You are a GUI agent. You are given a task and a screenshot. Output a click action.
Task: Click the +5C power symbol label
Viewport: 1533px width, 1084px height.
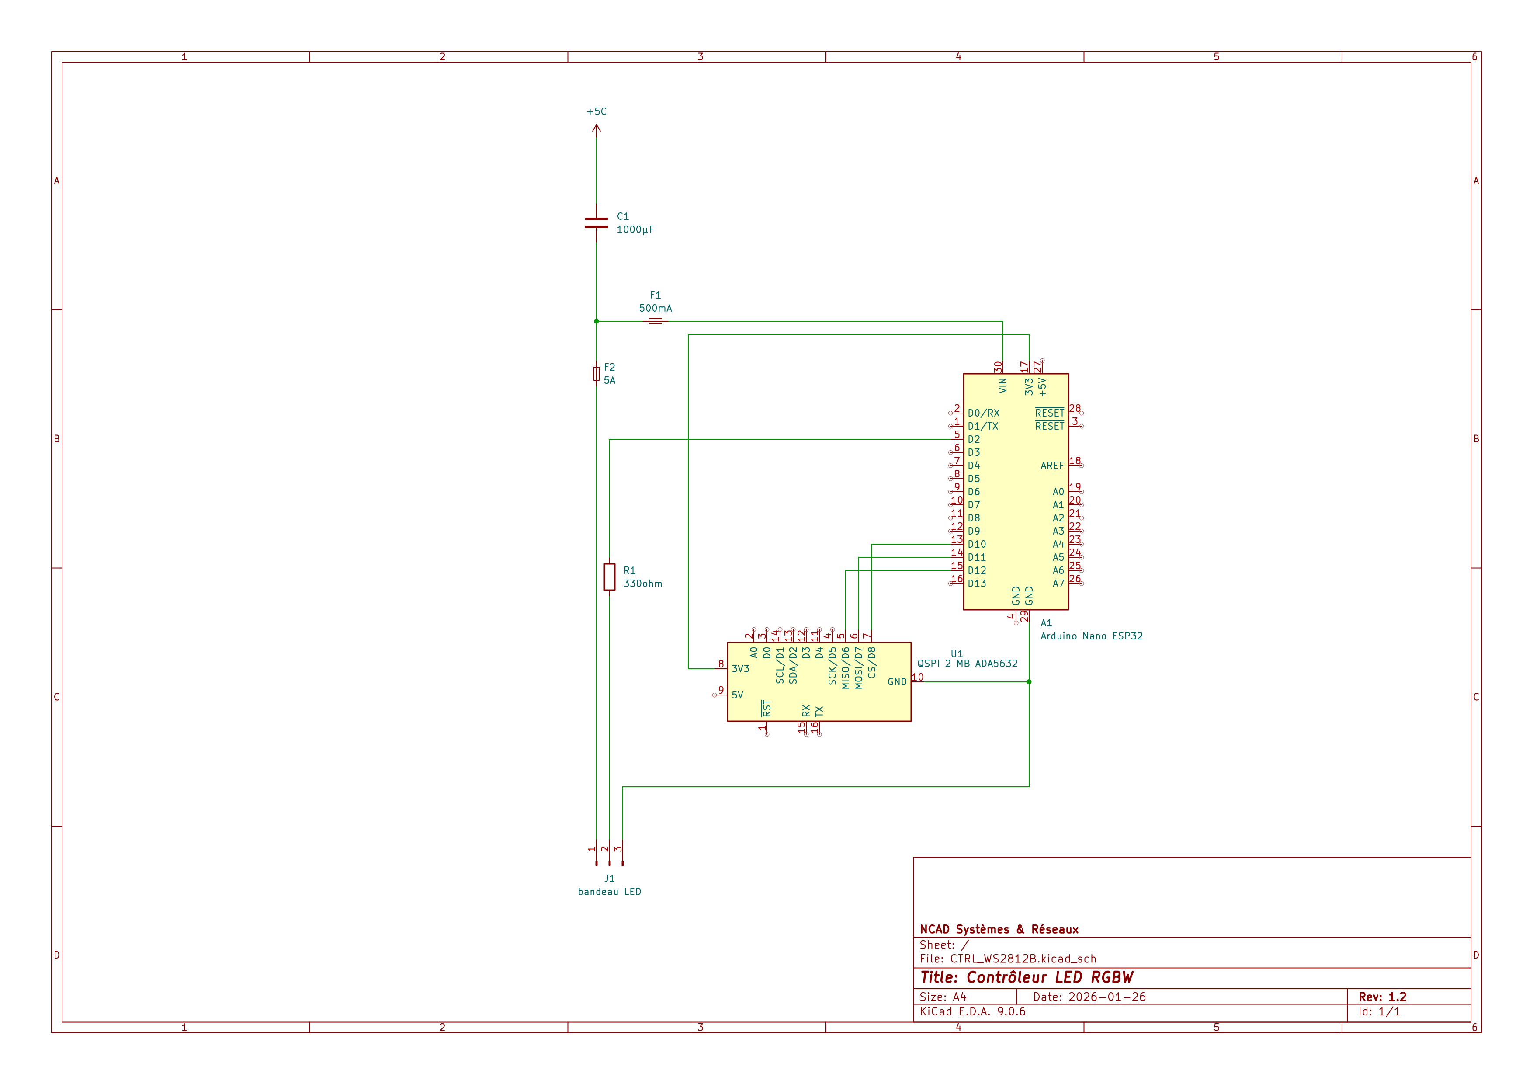(x=596, y=111)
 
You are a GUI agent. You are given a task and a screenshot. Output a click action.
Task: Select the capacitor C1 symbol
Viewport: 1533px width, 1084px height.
(x=596, y=223)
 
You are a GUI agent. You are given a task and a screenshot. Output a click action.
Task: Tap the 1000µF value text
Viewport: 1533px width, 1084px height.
(x=635, y=230)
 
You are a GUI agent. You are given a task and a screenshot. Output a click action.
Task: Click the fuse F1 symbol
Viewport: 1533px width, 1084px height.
(x=655, y=321)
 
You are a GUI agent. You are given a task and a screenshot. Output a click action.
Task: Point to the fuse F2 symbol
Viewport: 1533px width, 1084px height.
(x=596, y=373)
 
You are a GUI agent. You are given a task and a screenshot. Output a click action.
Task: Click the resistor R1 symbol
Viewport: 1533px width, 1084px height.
(x=610, y=577)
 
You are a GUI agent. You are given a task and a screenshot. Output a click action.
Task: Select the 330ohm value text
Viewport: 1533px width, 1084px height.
(x=642, y=584)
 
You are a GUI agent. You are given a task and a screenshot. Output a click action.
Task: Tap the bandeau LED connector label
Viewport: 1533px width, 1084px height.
(x=610, y=892)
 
